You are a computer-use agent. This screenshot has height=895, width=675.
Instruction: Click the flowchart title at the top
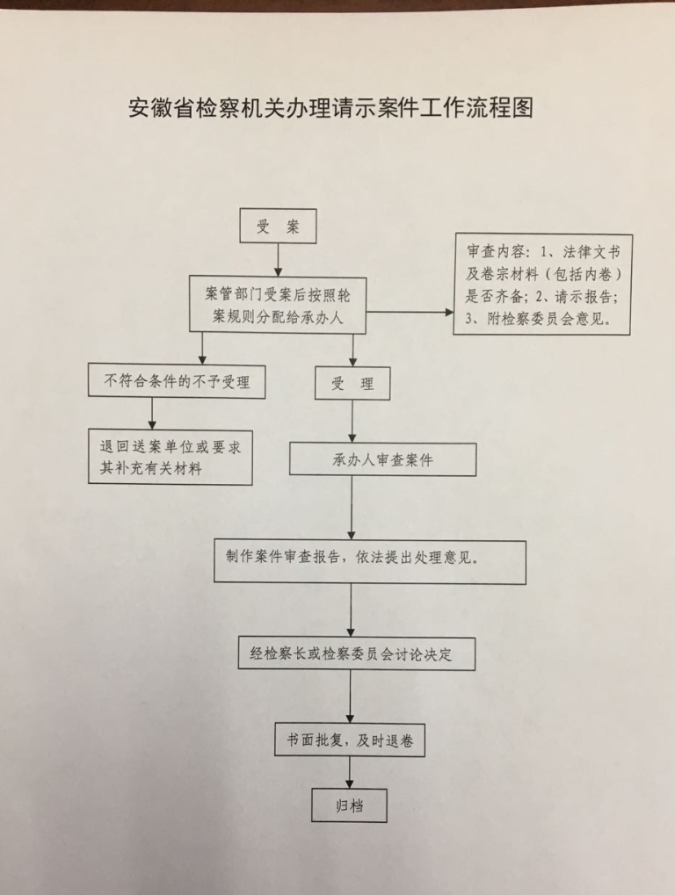(x=330, y=108)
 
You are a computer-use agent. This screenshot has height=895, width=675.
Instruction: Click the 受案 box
(x=278, y=226)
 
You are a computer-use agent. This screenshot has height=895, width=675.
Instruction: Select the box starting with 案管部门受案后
(x=278, y=305)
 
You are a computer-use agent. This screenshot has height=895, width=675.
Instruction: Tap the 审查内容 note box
(x=543, y=285)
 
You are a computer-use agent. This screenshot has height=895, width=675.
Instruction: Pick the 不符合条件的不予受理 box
(x=177, y=380)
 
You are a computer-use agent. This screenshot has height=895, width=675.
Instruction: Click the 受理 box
(x=352, y=383)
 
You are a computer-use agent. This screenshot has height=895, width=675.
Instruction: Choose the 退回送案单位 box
(x=171, y=458)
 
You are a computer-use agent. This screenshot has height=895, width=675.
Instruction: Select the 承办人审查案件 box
(x=382, y=459)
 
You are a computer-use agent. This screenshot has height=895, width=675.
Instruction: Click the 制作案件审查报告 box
(x=370, y=562)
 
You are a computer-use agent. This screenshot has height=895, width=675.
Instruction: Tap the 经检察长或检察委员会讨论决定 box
(x=357, y=653)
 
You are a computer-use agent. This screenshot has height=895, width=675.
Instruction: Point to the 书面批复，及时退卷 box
(x=350, y=740)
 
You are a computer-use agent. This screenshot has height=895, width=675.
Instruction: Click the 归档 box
(x=349, y=805)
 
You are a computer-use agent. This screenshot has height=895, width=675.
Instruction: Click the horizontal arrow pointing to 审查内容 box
(x=410, y=312)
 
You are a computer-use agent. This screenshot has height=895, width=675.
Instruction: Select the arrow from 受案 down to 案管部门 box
(x=278, y=260)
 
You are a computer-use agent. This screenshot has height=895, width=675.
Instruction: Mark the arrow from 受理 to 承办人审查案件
(x=352, y=422)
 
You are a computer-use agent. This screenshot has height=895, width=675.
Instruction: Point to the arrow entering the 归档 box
(x=350, y=773)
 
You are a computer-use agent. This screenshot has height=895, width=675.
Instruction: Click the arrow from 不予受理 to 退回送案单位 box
(x=152, y=414)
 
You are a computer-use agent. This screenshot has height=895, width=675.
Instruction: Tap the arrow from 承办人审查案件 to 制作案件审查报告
(x=352, y=508)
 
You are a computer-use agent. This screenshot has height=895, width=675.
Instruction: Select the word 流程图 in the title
(x=500, y=107)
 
